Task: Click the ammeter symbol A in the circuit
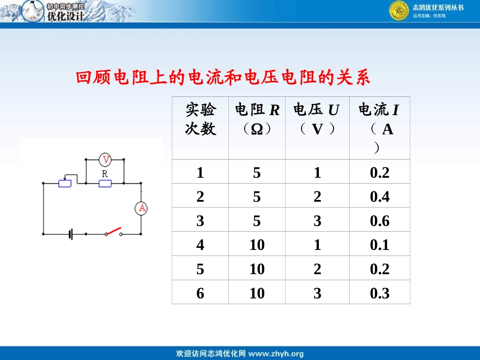click(142, 208)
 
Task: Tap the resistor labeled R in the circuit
click(105, 183)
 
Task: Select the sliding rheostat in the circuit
click(65, 183)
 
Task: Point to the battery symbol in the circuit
click(71, 234)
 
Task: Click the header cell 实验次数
click(201, 119)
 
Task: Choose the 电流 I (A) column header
click(379, 126)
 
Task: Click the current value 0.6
click(379, 221)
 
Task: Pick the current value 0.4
click(379, 196)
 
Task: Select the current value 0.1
click(379, 245)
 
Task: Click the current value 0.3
click(379, 293)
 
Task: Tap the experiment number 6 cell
click(201, 293)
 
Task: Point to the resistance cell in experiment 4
click(257, 245)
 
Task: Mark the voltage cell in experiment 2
click(317, 196)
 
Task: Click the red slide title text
click(223, 78)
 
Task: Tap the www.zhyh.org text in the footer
click(276, 353)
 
